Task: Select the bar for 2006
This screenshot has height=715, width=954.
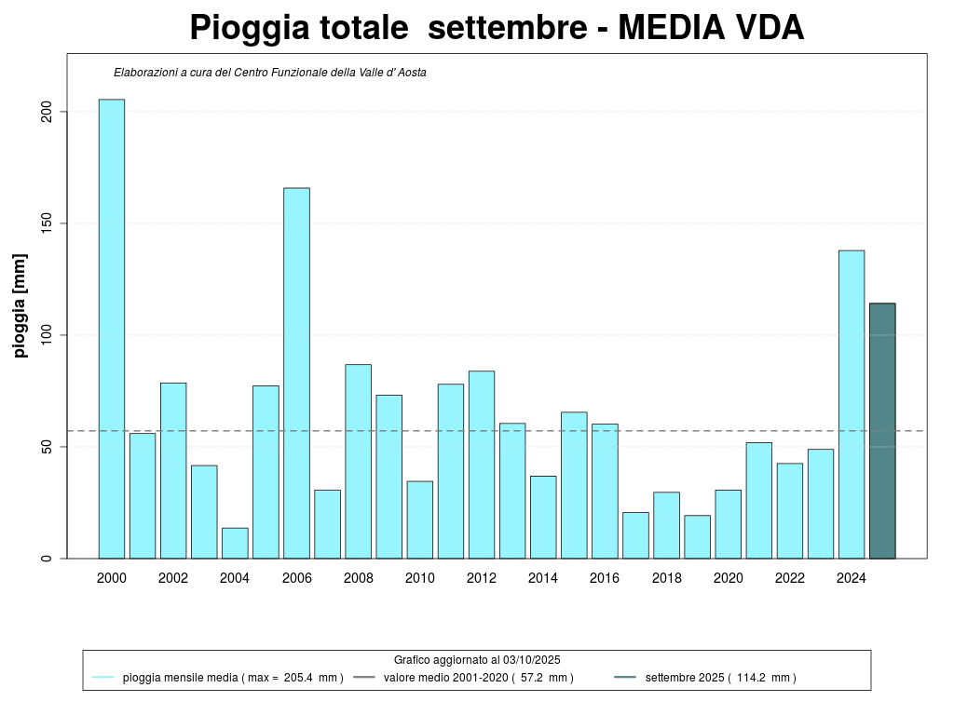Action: click(x=296, y=372)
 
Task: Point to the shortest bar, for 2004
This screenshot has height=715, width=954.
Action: click(x=235, y=544)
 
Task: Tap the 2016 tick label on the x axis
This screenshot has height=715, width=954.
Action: click(x=605, y=578)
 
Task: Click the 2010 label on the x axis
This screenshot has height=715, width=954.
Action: click(x=419, y=578)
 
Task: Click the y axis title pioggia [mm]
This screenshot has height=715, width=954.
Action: click(x=20, y=305)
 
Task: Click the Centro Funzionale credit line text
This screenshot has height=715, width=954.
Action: click(x=270, y=73)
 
